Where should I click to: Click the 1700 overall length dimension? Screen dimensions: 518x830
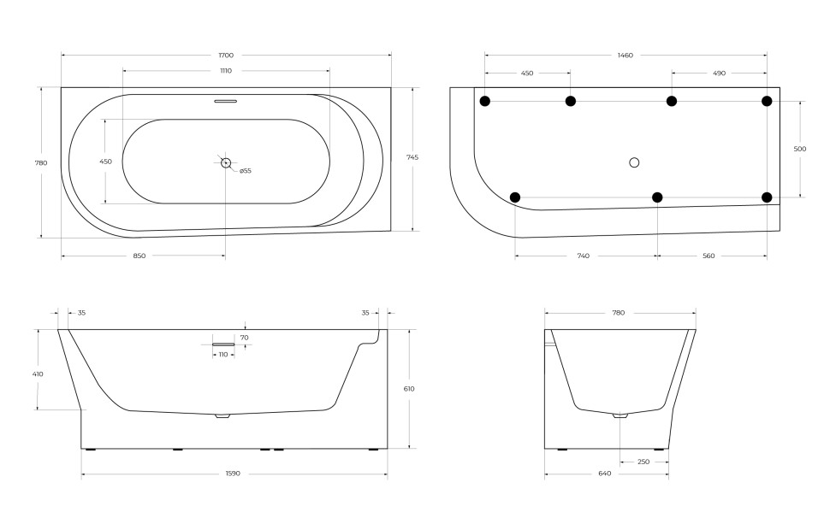226,56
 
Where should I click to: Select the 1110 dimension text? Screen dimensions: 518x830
226,71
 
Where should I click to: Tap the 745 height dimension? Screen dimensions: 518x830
412,157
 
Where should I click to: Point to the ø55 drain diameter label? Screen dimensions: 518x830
245,171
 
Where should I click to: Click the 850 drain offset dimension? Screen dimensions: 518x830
139,256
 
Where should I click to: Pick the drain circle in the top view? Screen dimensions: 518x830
226,162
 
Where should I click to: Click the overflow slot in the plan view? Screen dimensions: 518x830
226,101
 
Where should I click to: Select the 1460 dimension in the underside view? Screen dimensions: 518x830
625,56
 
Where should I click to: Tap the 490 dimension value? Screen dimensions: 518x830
719,74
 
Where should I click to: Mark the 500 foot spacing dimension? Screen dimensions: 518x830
800,149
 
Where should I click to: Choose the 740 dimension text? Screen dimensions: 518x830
582,256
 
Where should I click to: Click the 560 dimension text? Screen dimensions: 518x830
708,256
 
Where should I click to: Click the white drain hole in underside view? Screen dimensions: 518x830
634,162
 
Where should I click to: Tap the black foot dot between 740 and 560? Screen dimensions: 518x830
657,197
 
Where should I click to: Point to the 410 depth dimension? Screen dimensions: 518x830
38,374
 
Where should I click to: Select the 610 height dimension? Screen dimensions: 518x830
409,389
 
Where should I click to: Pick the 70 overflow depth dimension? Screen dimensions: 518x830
244,338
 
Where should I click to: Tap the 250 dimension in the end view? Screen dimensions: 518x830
643,462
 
